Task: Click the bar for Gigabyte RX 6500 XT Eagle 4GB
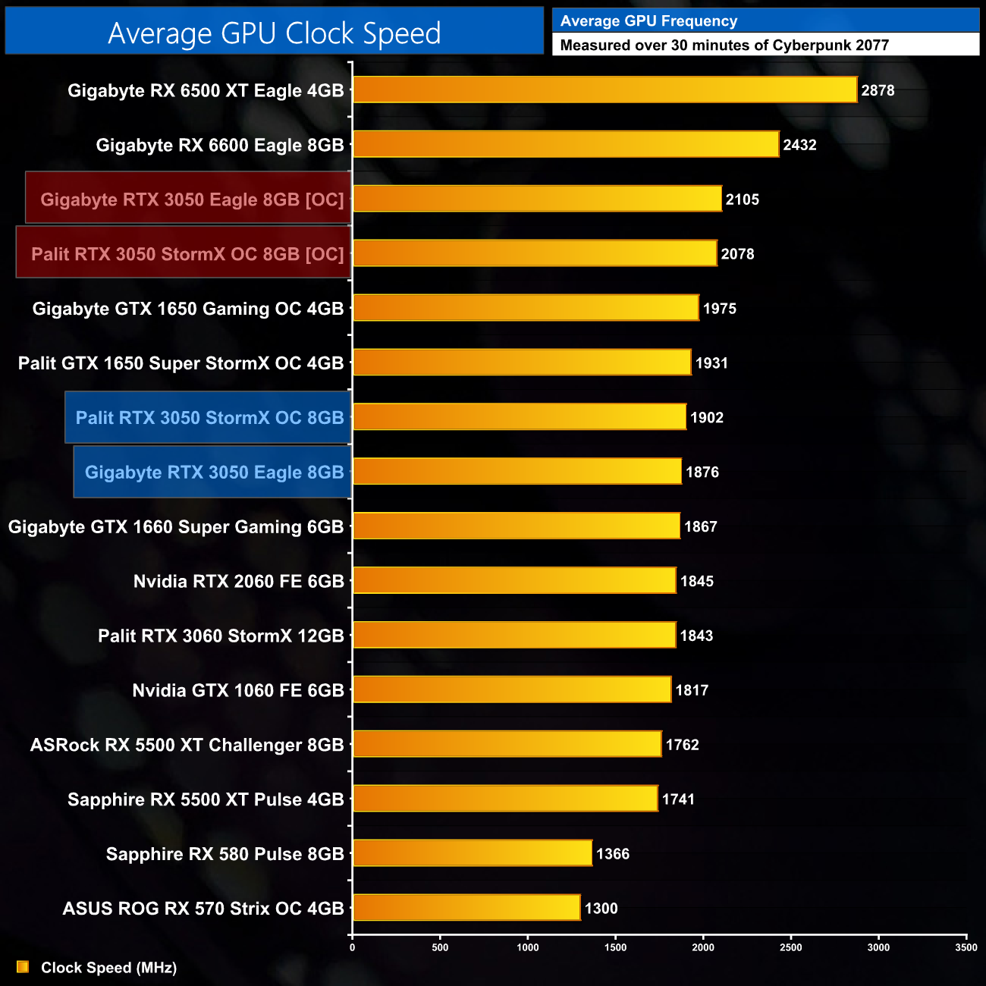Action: tap(604, 89)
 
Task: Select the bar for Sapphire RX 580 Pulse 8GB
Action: tap(472, 853)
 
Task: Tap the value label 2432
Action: tap(799, 145)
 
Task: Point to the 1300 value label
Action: tap(601, 908)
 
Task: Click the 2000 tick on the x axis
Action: tap(703, 947)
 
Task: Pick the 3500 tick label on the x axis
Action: tap(966, 947)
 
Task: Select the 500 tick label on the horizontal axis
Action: tap(440, 947)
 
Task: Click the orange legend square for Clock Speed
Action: tap(23, 967)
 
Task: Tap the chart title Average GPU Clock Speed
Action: tap(274, 33)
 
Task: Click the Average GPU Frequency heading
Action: tap(648, 21)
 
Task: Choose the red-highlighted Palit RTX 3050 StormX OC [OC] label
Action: tap(187, 254)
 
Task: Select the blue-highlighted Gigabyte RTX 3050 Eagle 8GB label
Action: tap(214, 473)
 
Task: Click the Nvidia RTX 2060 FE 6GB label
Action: tap(238, 582)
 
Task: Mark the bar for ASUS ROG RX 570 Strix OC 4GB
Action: tap(466, 908)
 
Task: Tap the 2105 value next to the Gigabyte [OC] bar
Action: tap(742, 199)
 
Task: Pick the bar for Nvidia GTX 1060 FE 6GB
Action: tap(511, 689)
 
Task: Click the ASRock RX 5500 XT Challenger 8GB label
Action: tap(187, 745)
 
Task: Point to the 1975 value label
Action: tap(719, 309)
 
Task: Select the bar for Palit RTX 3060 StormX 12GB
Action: tap(513, 635)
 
